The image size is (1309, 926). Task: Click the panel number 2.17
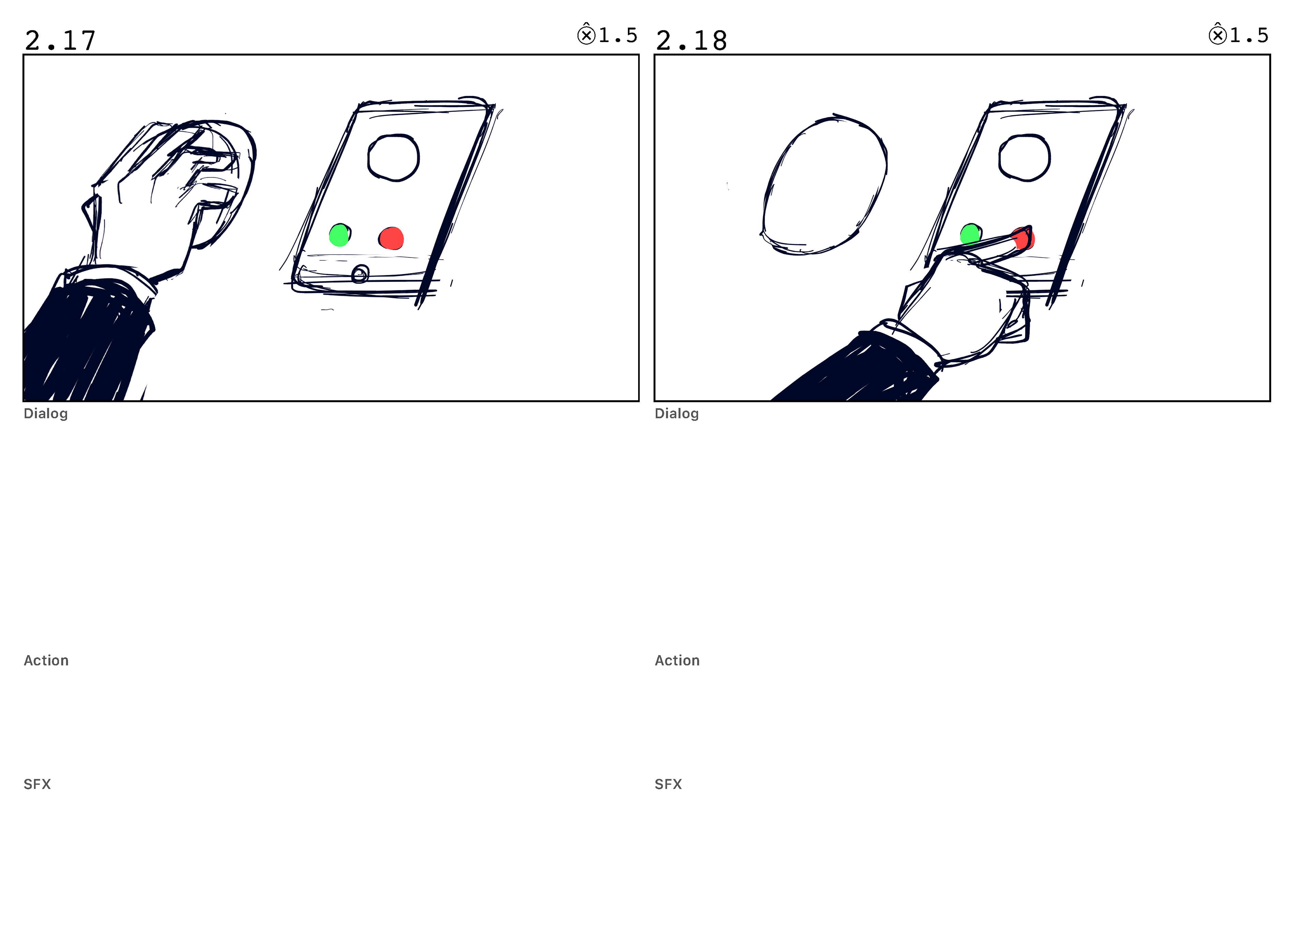pyautogui.click(x=60, y=41)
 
